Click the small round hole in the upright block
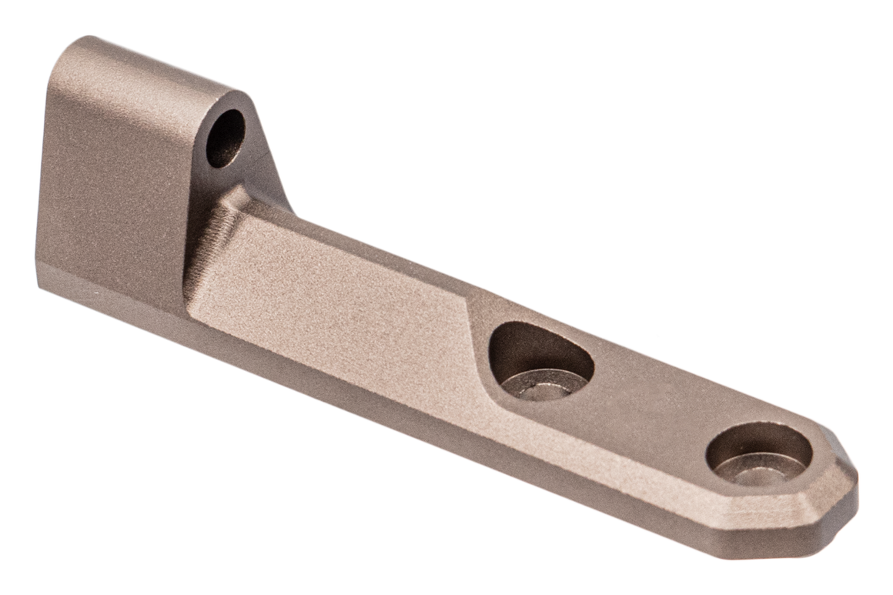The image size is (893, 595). [225, 139]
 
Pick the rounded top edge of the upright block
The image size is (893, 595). [146, 62]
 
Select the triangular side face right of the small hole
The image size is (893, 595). [266, 165]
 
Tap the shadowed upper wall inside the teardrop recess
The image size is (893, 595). [531, 339]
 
